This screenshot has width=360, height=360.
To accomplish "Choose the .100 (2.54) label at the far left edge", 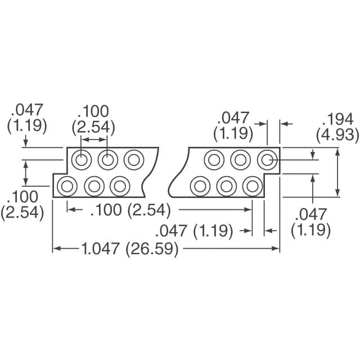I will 22,205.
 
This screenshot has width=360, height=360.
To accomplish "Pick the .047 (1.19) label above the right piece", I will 233,125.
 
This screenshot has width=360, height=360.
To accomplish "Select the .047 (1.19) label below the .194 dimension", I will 310,222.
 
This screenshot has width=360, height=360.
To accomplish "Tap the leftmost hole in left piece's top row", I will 82,160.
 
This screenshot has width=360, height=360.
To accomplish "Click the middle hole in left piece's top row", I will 107,160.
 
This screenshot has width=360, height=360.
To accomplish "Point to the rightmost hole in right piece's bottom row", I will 253,185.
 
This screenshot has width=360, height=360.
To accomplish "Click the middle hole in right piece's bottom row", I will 226,185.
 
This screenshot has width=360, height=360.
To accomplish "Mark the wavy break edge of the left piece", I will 149,172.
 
